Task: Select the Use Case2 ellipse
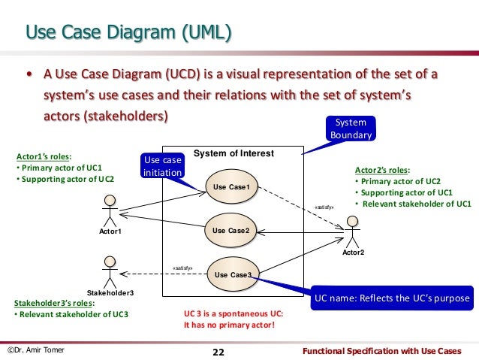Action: [230, 230]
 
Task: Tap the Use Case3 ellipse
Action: [233, 274]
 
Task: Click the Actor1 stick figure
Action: [110, 211]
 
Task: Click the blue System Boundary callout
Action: [350, 128]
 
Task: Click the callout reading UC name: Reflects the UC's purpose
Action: [393, 298]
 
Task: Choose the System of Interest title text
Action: [233, 153]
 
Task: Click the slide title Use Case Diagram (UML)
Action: [128, 32]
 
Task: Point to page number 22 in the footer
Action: [218, 352]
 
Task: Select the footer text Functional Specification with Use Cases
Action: [387, 351]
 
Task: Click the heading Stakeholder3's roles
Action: [55, 303]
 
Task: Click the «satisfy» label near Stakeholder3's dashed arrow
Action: [182, 266]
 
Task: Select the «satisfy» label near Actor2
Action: [323, 204]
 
